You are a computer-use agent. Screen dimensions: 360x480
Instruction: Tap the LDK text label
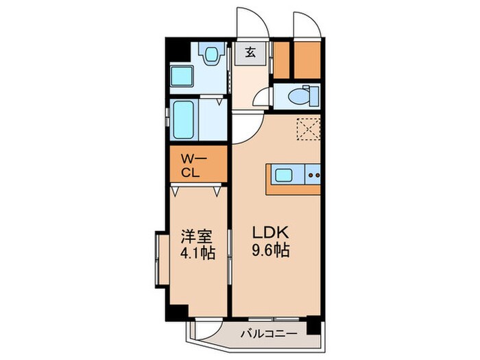tap(265, 234)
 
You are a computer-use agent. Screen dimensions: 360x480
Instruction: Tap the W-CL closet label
tap(192, 165)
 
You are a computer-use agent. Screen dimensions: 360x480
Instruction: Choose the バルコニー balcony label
tap(268, 334)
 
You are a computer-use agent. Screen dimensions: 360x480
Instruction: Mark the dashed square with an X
tap(309, 128)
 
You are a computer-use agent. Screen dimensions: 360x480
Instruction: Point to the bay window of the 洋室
tap(163, 260)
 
